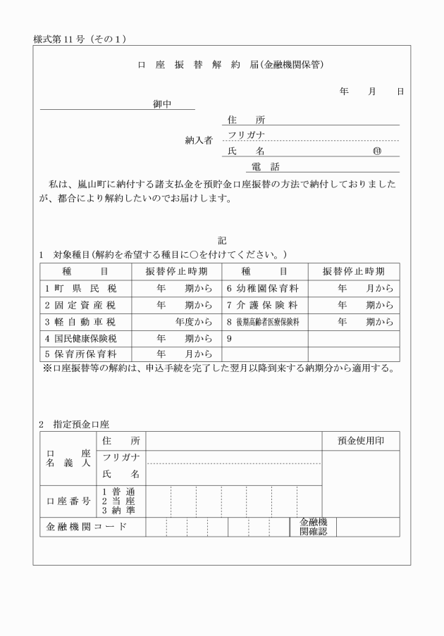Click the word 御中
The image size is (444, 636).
point(164,104)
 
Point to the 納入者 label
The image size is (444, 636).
point(198,139)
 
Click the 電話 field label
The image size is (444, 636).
point(266,167)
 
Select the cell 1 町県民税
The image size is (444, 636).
point(82,288)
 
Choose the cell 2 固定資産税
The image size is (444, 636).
point(82,305)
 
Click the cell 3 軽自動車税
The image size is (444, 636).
point(82,322)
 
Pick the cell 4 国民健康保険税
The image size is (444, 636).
point(82,339)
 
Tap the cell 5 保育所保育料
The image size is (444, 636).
point(82,354)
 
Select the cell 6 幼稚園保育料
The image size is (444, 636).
point(264,288)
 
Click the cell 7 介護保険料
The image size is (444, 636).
point(264,305)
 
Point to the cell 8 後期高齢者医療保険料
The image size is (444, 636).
point(264,322)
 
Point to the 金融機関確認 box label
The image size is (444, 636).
point(313,527)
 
